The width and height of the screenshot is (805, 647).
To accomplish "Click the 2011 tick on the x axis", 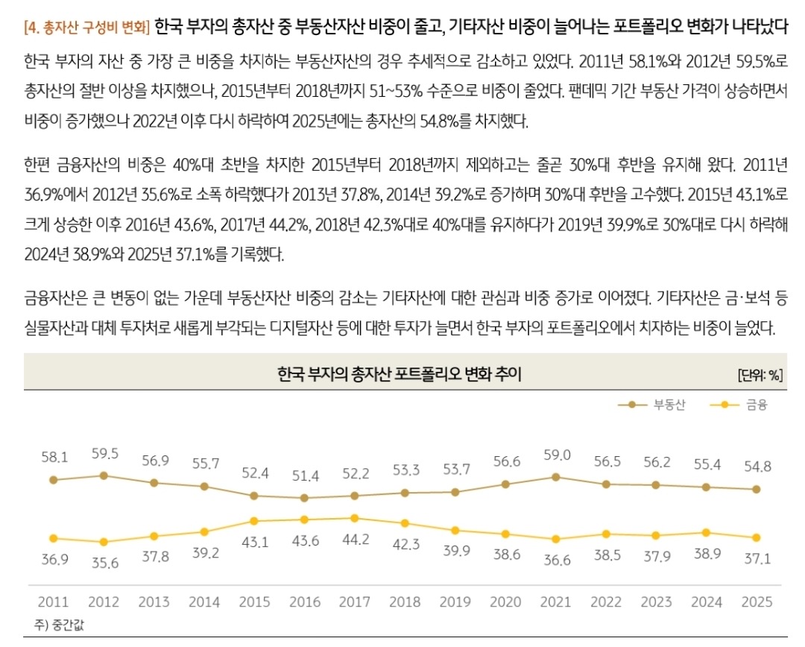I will click(x=53, y=602).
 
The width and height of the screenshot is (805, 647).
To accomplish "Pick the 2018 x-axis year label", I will click(x=405, y=602).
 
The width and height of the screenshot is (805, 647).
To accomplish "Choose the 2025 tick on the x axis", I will click(x=757, y=602).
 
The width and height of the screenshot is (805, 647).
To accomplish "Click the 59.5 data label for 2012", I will click(x=104, y=454).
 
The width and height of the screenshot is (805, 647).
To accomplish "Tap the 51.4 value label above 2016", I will click(x=304, y=476).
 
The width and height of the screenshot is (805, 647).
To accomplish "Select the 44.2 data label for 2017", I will click(x=354, y=539).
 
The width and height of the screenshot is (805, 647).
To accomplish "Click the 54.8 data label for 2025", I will click(x=757, y=467).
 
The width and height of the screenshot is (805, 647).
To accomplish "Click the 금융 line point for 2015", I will click(x=254, y=521).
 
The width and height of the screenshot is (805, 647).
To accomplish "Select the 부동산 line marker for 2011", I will click(x=53, y=480).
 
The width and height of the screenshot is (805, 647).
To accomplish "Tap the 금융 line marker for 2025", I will click(x=757, y=537).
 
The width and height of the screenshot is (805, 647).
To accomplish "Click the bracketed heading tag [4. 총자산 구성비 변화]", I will click(x=87, y=29).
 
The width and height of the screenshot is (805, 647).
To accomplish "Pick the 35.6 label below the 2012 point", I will click(x=104, y=563).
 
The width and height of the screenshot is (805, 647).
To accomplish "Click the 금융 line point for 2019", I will click(x=455, y=530).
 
